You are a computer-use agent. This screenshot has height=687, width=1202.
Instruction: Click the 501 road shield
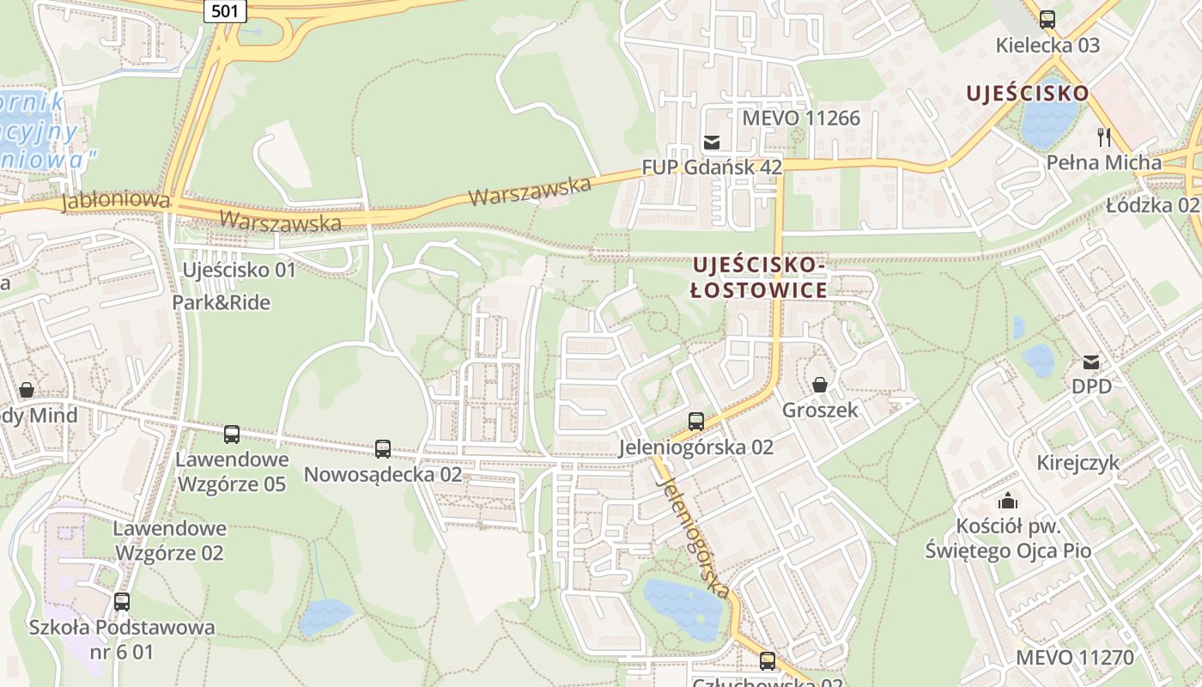coord(226,10)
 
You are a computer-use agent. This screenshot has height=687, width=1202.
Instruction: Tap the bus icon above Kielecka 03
coord(1047,19)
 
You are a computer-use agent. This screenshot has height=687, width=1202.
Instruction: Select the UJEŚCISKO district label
coord(1027,93)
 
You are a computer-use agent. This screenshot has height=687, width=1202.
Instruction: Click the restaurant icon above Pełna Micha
coord(1104,137)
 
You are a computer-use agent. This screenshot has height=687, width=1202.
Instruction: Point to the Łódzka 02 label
coord(1151,205)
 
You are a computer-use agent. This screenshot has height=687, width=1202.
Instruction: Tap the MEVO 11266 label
coord(801,118)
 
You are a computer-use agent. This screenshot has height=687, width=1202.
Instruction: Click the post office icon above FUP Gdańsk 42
coord(712,142)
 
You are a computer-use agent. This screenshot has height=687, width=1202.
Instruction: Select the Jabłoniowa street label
coord(115,201)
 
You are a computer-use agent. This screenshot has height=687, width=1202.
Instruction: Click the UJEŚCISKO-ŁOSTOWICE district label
coord(760,277)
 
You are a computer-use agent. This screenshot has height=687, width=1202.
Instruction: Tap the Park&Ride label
coord(221,302)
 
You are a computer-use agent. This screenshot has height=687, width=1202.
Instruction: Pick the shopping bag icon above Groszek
coord(820,385)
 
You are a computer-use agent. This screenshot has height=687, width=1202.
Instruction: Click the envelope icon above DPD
coord(1091,362)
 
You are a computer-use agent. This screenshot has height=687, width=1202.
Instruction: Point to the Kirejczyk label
coord(1078,463)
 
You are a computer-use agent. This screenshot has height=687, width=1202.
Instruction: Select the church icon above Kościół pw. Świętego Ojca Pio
coord(1008,500)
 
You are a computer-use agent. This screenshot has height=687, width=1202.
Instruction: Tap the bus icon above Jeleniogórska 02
coord(696,422)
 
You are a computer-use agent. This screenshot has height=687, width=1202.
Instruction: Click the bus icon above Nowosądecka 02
coord(383,448)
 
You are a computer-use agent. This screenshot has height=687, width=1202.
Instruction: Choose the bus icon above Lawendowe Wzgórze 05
coord(232,435)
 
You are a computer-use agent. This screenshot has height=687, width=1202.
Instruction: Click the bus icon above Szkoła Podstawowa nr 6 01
coord(122,601)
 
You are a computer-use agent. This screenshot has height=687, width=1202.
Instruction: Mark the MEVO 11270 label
coord(1074,658)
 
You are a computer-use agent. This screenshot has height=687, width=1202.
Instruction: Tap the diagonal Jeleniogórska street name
coord(693,536)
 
